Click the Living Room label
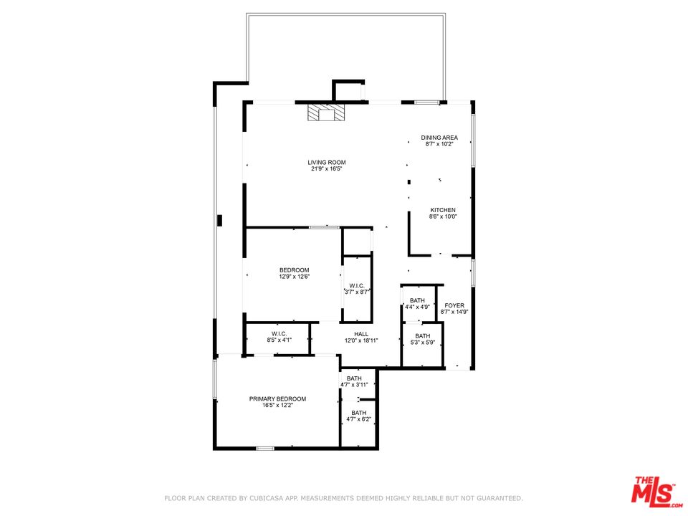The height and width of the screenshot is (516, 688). [x=327, y=163]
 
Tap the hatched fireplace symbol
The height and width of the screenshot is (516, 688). [x=326, y=112]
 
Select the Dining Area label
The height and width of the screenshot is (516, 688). [x=439, y=138]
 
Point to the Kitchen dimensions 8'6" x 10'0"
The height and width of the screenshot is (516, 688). [x=443, y=216]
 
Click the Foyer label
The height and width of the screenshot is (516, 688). [x=454, y=305]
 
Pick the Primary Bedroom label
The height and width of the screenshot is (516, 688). [x=277, y=399]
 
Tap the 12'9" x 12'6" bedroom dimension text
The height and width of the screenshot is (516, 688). [x=294, y=277]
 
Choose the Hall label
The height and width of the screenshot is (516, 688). [x=361, y=334]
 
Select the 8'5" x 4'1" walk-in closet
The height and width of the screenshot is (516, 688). [x=278, y=339]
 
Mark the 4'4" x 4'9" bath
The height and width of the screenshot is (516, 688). [x=418, y=304]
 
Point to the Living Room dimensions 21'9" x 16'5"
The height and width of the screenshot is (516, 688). [x=327, y=168]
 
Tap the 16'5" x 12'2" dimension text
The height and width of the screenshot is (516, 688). [x=277, y=406]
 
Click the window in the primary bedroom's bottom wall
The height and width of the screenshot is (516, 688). [x=265, y=448]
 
